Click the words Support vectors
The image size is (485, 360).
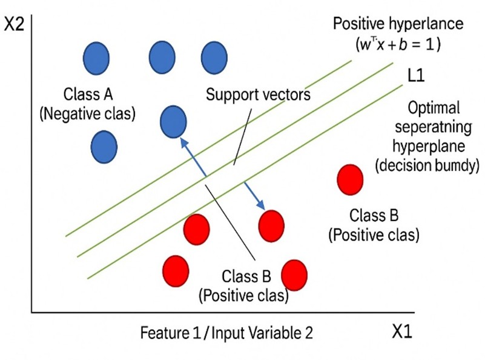coord(258,95)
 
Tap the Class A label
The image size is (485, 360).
coord(89,95)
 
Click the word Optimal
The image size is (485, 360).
coord(435,108)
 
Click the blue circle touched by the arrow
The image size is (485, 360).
coord(173,120)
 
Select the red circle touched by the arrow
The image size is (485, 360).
coord(271,225)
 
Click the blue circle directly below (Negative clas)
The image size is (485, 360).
coord(104,146)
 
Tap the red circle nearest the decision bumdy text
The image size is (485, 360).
coord(350,179)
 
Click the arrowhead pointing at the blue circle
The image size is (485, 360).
coord(182,141)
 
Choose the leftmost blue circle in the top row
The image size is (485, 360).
coord(96,57)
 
